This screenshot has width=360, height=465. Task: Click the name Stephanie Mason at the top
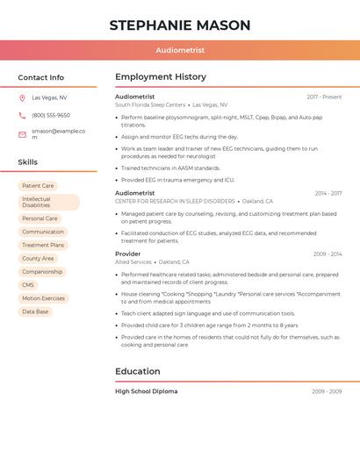[x=180, y=25]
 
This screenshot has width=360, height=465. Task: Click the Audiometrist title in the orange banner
[x=180, y=51]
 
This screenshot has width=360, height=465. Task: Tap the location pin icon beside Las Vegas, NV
[x=22, y=97]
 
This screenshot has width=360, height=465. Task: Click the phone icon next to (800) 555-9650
[x=22, y=115]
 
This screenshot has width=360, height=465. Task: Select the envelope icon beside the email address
[x=22, y=134]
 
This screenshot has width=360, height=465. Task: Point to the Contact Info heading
[x=40, y=77]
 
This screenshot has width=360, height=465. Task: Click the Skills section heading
[x=27, y=162]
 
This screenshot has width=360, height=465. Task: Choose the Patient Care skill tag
[x=38, y=186]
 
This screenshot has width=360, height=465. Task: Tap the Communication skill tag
[x=43, y=232]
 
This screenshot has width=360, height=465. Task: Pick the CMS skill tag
[x=28, y=285]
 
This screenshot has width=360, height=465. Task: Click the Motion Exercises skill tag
[x=43, y=298]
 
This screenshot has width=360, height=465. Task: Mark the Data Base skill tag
[x=35, y=311]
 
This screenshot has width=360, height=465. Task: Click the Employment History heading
[x=161, y=77]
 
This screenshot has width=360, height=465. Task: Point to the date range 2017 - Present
[x=324, y=97]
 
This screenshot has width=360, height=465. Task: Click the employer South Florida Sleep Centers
[x=150, y=104]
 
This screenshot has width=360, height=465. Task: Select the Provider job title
[x=127, y=254]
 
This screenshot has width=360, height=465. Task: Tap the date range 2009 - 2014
[x=327, y=254]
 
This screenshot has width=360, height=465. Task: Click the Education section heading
[x=138, y=371]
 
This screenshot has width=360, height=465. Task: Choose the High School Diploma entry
[x=146, y=391]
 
